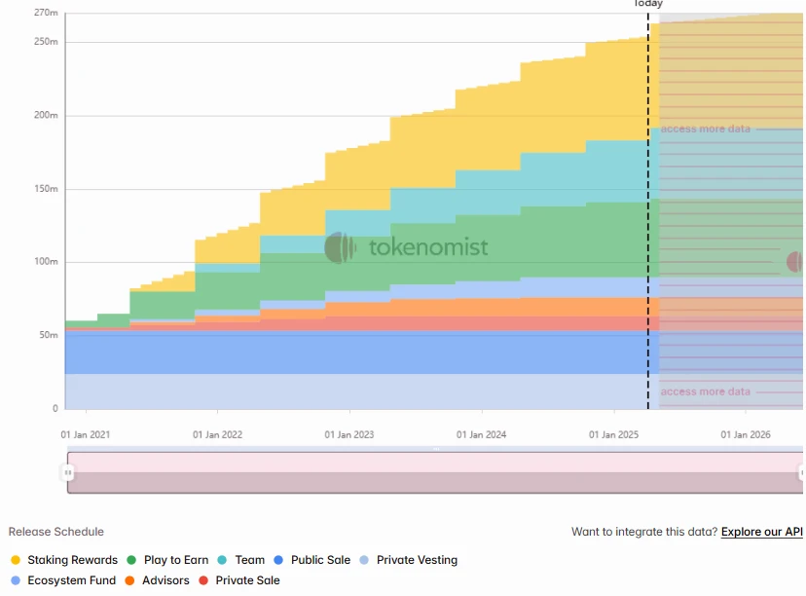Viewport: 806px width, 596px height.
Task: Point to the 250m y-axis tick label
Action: point(46,42)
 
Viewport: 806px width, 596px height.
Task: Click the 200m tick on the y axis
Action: point(46,115)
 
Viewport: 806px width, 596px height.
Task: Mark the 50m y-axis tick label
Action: point(48,335)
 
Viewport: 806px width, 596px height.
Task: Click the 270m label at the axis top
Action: point(46,13)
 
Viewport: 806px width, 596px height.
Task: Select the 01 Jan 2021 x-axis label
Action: point(86,435)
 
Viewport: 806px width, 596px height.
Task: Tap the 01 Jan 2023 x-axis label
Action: point(349,435)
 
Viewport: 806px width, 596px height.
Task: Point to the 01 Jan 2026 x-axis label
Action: point(746,435)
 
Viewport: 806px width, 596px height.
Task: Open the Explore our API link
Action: point(761,532)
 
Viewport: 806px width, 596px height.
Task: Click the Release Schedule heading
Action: point(55,532)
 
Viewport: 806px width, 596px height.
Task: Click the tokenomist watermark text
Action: point(428,248)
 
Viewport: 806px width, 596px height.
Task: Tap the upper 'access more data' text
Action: point(706,129)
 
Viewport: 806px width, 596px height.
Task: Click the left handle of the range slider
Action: point(68,472)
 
